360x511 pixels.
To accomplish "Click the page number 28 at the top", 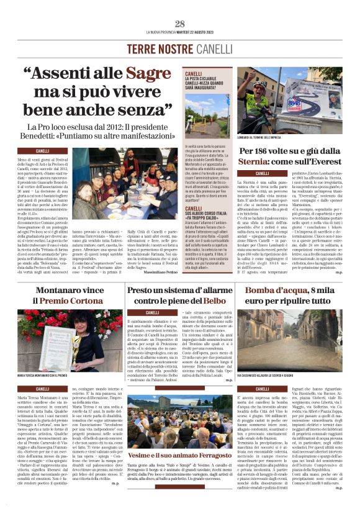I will pos(179,24).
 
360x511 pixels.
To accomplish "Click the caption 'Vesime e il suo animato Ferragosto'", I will pos(179,454).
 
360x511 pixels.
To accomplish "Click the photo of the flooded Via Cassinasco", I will pos(290,332).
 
